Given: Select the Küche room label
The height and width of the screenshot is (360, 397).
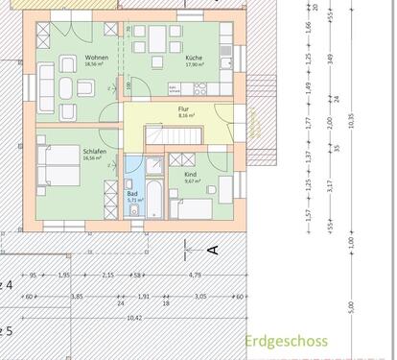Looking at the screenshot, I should pyautogui.click(x=195, y=59).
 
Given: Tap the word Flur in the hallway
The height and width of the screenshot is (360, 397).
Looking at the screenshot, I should pyautogui.click(x=183, y=109).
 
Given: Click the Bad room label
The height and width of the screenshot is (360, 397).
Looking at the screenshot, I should pyautogui.click(x=131, y=194).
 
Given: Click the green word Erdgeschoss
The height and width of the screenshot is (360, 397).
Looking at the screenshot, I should pyautogui.click(x=286, y=340).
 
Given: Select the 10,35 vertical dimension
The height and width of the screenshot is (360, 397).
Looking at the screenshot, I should pyautogui.click(x=351, y=118).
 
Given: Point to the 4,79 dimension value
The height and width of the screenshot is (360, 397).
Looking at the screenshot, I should pyautogui.click(x=195, y=276).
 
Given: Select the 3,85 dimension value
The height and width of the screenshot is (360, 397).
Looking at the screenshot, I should pyautogui.click(x=74, y=297).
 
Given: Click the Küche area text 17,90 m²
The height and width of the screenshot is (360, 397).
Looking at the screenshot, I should pyautogui.click(x=195, y=65).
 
